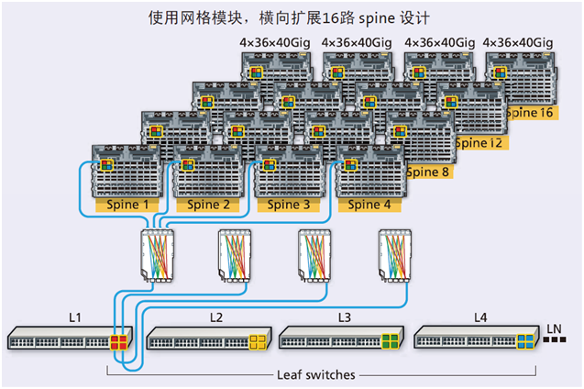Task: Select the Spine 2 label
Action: (x=210, y=205)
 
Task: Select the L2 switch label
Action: (x=215, y=317)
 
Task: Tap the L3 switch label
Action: (x=345, y=317)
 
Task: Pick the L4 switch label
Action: (x=480, y=317)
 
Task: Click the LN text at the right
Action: (x=554, y=328)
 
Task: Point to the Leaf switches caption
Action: (x=314, y=374)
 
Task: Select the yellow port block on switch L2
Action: (x=258, y=342)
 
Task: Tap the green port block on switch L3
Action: (x=390, y=342)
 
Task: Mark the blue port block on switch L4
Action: (x=525, y=342)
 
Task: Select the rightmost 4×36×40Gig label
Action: (x=517, y=42)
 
